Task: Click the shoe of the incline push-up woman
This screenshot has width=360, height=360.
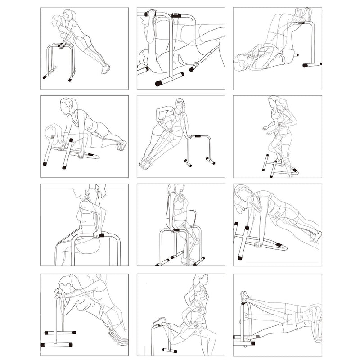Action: click(x=106, y=69)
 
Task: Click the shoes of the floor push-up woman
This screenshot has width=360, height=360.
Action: click(x=121, y=145)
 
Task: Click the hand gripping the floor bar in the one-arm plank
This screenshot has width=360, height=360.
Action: click(x=258, y=244)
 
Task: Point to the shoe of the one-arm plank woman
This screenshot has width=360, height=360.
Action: click(x=317, y=236)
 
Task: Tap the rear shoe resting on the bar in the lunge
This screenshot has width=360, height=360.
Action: click(x=159, y=321)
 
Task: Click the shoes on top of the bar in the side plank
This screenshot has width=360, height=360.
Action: click(x=245, y=297)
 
